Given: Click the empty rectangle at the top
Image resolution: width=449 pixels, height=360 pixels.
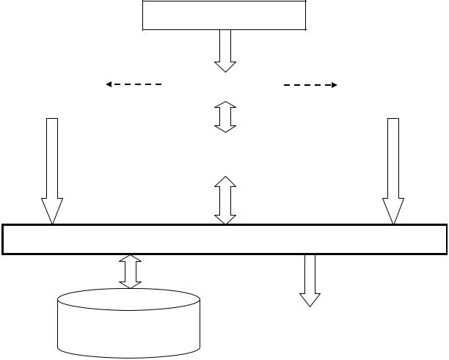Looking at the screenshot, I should [x=224, y=15].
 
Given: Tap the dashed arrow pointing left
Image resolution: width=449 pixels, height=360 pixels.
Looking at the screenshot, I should [x=134, y=84].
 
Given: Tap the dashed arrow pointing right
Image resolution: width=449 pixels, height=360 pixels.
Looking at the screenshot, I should [x=310, y=85].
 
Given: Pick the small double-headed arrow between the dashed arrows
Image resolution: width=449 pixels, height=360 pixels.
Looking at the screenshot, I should [x=225, y=117].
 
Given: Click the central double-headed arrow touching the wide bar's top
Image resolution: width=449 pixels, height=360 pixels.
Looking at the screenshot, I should [x=225, y=199].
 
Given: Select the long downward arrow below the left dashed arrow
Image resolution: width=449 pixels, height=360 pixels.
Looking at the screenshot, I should [x=52, y=169].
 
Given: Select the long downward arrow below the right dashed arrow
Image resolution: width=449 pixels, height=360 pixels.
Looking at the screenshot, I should [x=393, y=169].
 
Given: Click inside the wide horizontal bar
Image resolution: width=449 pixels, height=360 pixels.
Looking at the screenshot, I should [x=224, y=239].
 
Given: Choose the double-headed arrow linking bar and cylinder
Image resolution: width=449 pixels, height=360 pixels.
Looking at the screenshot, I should [x=131, y=271].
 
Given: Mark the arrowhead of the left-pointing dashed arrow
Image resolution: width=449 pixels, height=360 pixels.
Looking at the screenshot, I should [x=109, y=84].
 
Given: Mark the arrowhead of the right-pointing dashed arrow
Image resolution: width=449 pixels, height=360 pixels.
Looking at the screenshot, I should [x=333, y=85].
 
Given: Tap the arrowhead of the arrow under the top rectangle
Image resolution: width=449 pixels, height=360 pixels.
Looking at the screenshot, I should [x=225, y=66].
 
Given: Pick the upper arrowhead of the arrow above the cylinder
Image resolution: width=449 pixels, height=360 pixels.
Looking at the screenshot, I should [x=131, y=259].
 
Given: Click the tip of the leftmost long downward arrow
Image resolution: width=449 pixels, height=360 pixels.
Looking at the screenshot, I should [x=52, y=222].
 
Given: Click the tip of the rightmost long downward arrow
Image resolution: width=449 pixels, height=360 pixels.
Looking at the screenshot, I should [x=393, y=222].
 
